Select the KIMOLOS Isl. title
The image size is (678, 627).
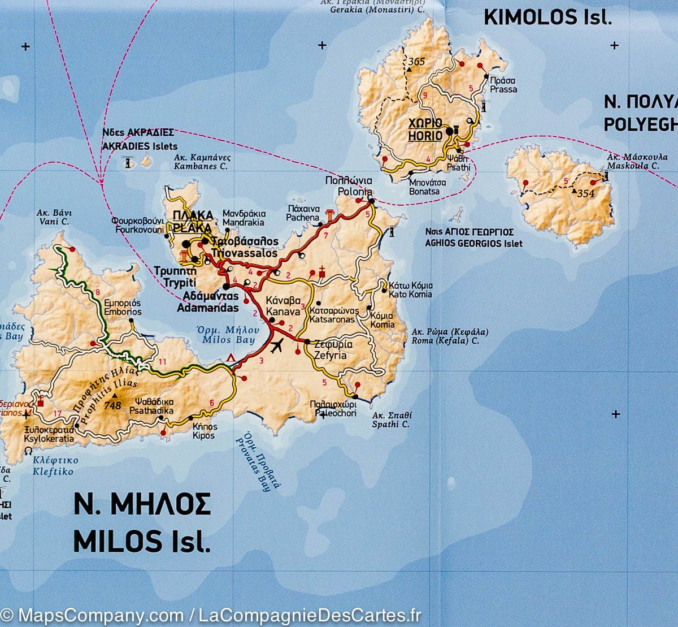tap(547, 17)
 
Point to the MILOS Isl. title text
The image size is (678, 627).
tap(142, 542)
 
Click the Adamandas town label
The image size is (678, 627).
tap(203, 309)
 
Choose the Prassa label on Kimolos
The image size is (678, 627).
tap(503, 89)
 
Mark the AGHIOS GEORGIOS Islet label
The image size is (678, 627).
tap(475, 244)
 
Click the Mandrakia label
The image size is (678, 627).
tap(244, 223)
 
